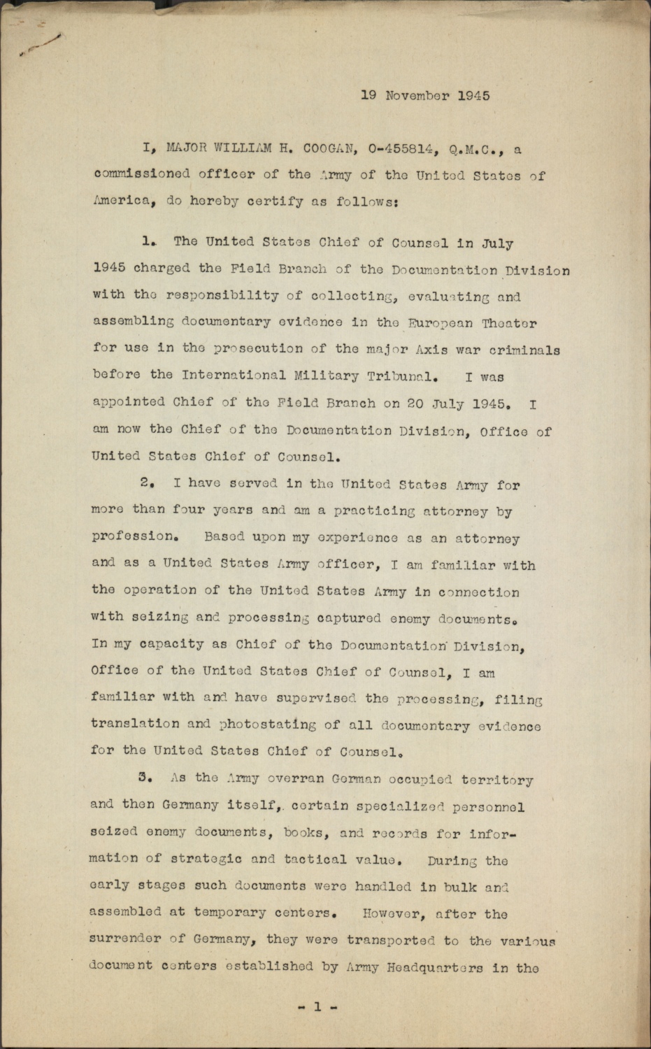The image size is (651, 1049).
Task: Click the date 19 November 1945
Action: pyautogui.click(x=425, y=96)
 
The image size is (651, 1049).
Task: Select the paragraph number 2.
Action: pyautogui.click(x=147, y=483)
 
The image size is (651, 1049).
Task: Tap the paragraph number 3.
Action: pyautogui.click(x=147, y=777)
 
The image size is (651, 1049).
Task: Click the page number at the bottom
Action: pyautogui.click(x=317, y=1007)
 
